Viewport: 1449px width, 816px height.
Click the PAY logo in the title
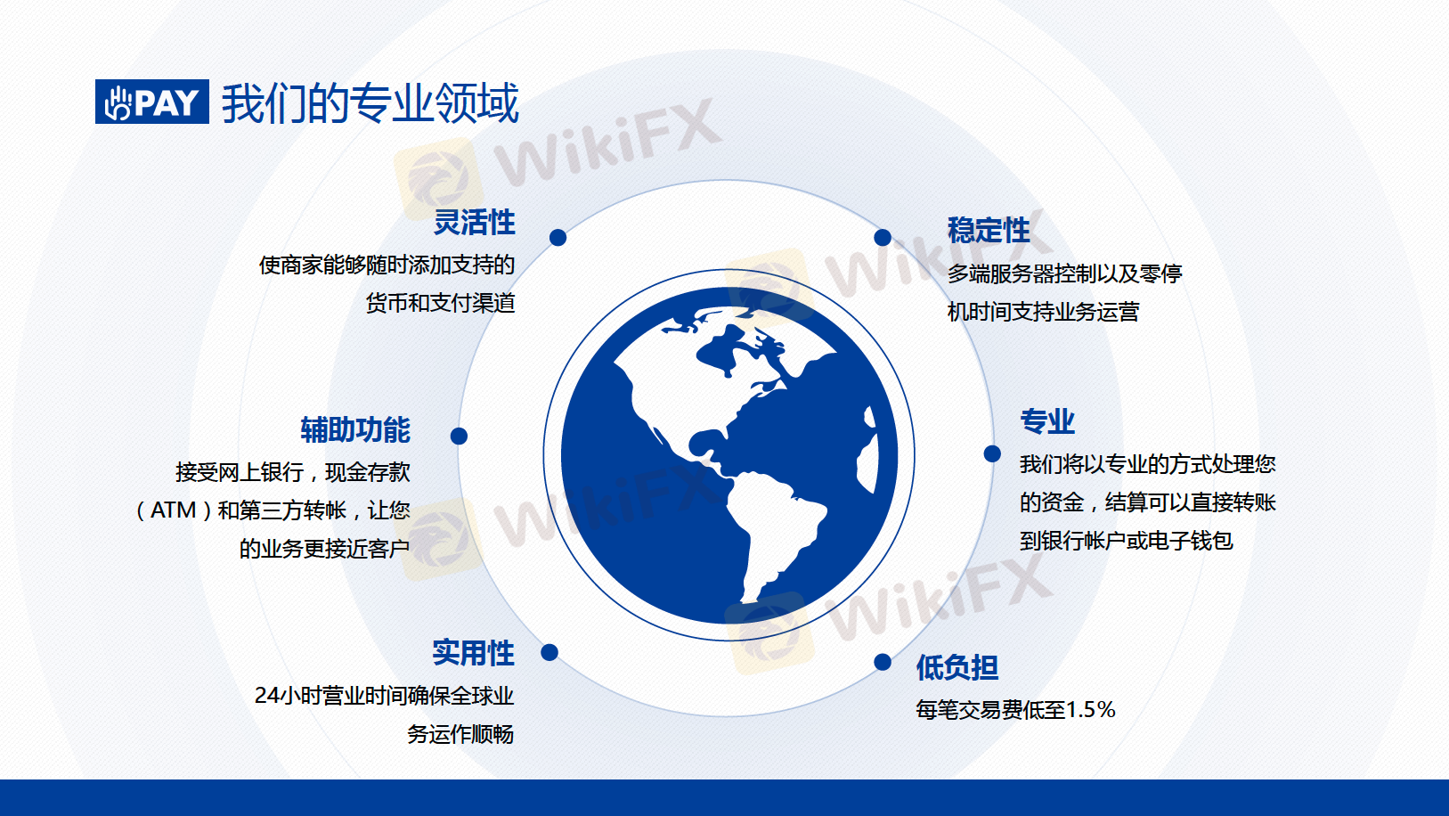(152, 102)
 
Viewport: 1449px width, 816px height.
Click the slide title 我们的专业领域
(370, 102)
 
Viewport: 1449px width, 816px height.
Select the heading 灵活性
(474, 222)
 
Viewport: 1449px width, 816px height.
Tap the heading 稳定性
(989, 230)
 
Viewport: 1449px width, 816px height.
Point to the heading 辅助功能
(355, 429)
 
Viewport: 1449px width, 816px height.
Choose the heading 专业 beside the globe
(1047, 421)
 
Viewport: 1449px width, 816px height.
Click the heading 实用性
(474, 652)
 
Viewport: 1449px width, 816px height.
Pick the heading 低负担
(957, 667)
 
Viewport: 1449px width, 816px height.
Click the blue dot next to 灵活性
(558, 238)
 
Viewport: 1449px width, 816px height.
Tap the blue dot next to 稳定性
(883, 238)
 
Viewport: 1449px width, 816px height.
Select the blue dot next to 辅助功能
(459, 437)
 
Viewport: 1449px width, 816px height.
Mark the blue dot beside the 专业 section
(992, 453)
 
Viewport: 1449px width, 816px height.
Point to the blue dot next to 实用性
(549, 652)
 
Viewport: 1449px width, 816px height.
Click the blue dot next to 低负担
(883, 662)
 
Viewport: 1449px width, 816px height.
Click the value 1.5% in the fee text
(1090, 710)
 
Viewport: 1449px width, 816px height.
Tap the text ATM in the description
(173, 510)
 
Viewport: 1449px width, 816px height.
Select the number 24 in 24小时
(266, 696)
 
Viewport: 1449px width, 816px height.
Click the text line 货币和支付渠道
(441, 303)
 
